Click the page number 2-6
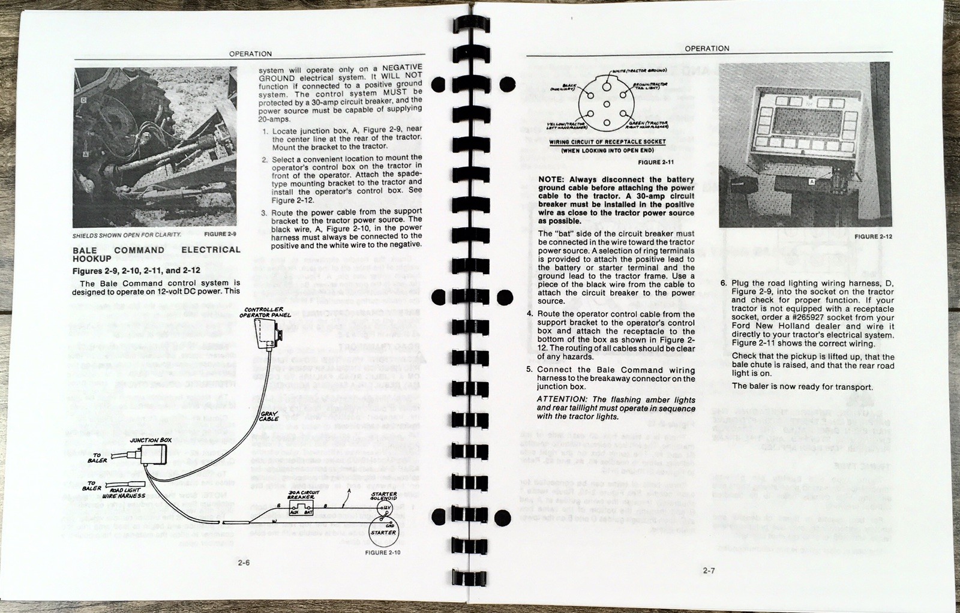(x=244, y=563)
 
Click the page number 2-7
(x=709, y=570)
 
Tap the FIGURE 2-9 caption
(x=220, y=235)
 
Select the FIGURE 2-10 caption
(x=383, y=552)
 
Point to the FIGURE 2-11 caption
(x=656, y=163)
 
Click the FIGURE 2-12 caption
(x=873, y=236)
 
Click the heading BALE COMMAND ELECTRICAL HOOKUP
(x=156, y=254)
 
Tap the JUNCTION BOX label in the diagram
(x=151, y=440)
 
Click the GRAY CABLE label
(x=268, y=416)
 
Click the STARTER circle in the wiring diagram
(x=383, y=533)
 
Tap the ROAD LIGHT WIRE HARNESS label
(x=124, y=494)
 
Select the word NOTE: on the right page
(x=551, y=179)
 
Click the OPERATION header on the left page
(x=250, y=54)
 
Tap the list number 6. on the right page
(x=723, y=283)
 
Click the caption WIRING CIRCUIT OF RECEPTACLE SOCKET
(x=607, y=142)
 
